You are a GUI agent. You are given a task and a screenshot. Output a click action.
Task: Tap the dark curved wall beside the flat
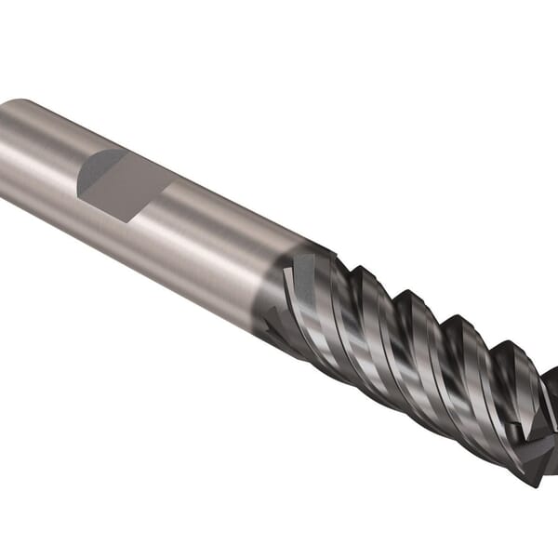[95, 172]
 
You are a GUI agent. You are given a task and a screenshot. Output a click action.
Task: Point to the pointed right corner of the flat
[174, 183]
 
